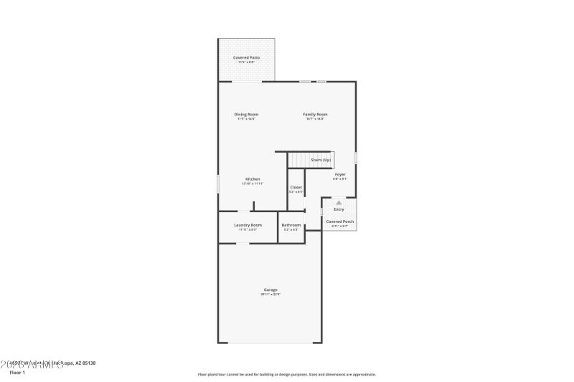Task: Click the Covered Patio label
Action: click(246, 57)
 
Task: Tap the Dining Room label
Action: click(246, 114)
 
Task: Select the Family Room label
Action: click(315, 114)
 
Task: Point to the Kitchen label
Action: click(253, 178)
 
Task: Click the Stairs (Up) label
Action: click(321, 159)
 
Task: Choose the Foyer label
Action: click(340, 174)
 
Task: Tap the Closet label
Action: click(296, 187)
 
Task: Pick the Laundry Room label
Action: click(248, 224)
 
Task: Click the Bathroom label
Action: click(291, 224)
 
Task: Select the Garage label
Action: click(270, 290)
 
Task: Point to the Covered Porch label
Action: click(340, 221)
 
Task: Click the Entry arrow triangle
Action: click(339, 203)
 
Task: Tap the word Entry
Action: click(339, 209)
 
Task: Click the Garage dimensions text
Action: click(270, 295)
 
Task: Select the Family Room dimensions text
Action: click(315, 119)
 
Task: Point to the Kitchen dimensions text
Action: click(253, 183)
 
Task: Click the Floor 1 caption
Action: click(17, 373)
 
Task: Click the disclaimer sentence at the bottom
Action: click(286, 374)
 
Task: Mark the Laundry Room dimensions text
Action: click(248, 229)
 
